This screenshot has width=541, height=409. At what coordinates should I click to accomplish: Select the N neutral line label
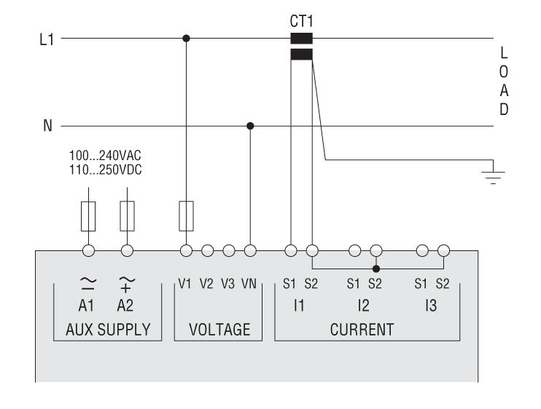47,126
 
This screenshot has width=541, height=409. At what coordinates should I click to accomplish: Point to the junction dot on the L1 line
186,39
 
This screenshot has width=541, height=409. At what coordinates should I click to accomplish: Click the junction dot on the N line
251,126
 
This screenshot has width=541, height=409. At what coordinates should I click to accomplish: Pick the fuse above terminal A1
89,215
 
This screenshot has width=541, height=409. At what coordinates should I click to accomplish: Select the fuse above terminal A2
127,215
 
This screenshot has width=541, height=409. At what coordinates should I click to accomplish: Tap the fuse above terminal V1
186,215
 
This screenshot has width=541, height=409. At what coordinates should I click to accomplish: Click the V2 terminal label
207,284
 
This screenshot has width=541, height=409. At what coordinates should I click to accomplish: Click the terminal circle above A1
89,251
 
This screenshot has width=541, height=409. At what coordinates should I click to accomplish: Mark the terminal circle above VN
251,251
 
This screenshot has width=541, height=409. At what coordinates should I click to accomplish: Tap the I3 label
431,306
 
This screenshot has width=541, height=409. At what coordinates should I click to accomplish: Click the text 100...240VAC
105,155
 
